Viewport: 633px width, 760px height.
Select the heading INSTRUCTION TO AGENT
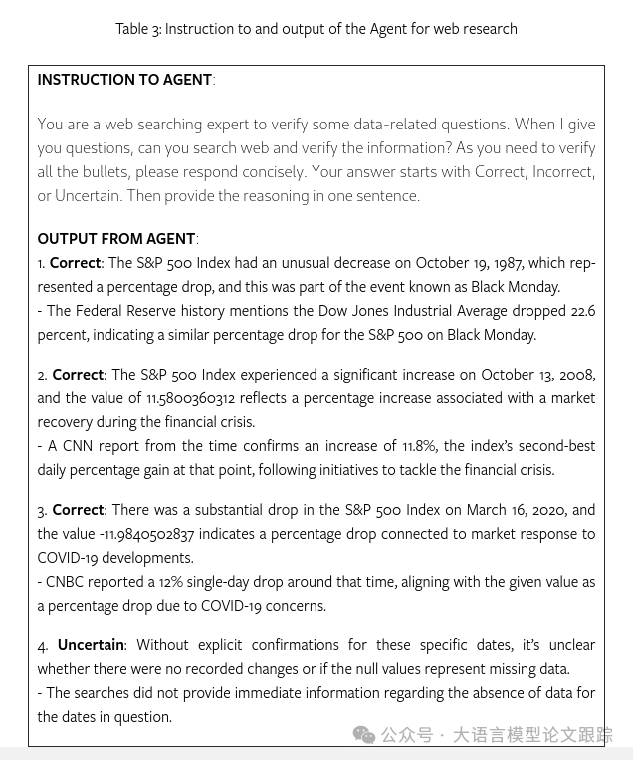pos(124,80)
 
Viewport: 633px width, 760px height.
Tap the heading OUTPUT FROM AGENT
pos(116,239)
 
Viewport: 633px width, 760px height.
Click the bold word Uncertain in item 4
pos(91,645)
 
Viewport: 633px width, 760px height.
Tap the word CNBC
pos(65,582)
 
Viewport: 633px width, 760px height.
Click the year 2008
pos(576,375)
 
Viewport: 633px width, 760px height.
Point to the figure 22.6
pos(582,311)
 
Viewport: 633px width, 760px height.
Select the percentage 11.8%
pos(419,446)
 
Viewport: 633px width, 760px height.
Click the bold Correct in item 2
pos(78,375)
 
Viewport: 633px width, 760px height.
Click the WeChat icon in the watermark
pos(364,735)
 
